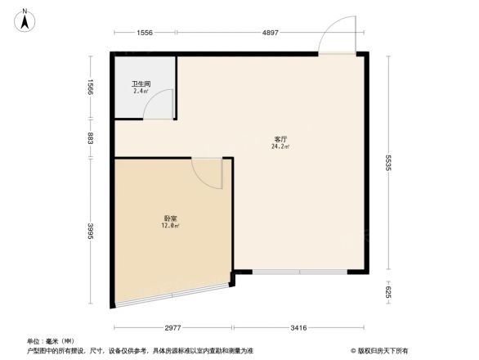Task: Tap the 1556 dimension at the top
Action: click(x=145, y=33)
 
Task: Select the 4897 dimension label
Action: click(x=271, y=33)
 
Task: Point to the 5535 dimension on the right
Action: click(x=389, y=163)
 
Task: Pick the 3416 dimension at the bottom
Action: click(x=298, y=328)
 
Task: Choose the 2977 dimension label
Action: click(x=172, y=328)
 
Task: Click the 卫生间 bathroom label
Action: click(x=141, y=83)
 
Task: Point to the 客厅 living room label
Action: click(x=280, y=140)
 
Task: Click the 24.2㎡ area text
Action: click(x=280, y=147)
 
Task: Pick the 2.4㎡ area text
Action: click(x=141, y=91)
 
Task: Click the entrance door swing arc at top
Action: click(x=335, y=37)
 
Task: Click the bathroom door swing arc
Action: click(x=163, y=105)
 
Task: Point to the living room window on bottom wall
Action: click(x=299, y=272)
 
